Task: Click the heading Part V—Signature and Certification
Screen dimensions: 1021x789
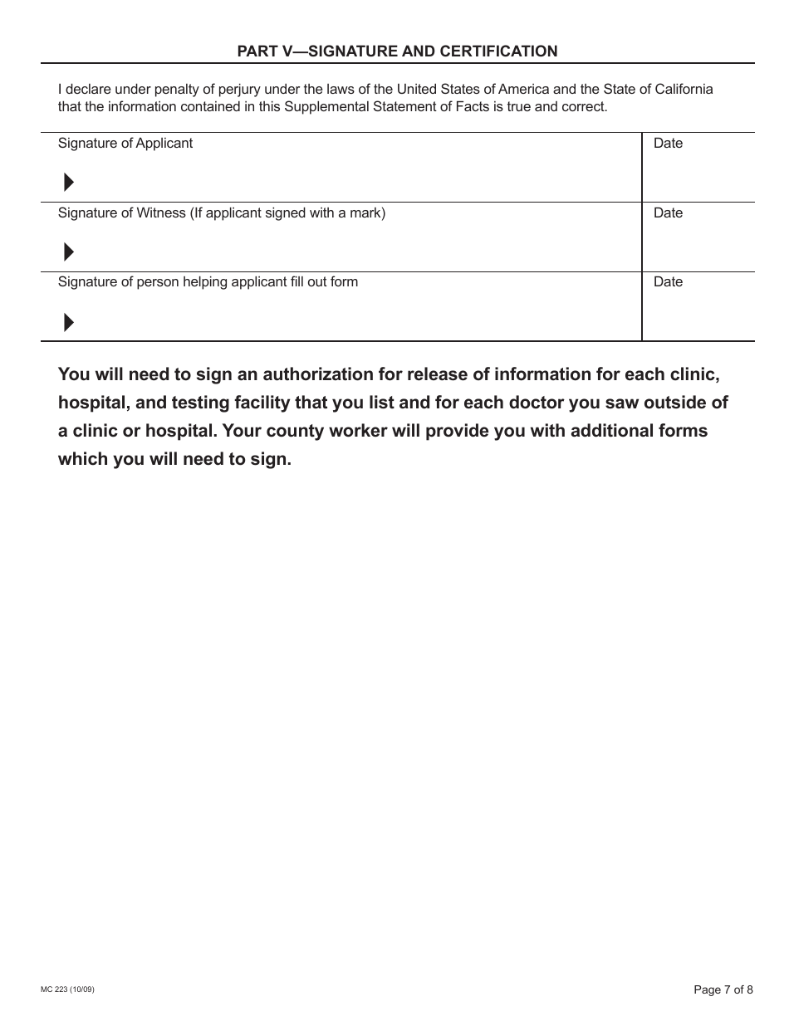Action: point(397,51)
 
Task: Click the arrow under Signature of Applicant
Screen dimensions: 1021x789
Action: point(69,183)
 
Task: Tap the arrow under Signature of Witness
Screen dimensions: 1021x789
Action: point(69,252)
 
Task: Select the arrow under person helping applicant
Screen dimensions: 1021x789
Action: point(69,322)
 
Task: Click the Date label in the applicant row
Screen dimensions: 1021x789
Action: point(668,144)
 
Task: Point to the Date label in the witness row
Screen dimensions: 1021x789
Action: point(668,213)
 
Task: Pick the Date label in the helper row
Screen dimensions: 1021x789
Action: point(668,282)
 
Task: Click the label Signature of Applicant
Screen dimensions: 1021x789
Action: point(125,144)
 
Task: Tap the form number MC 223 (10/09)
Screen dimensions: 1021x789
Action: point(73,989)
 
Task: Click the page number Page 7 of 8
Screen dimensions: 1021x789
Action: point(723,989)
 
